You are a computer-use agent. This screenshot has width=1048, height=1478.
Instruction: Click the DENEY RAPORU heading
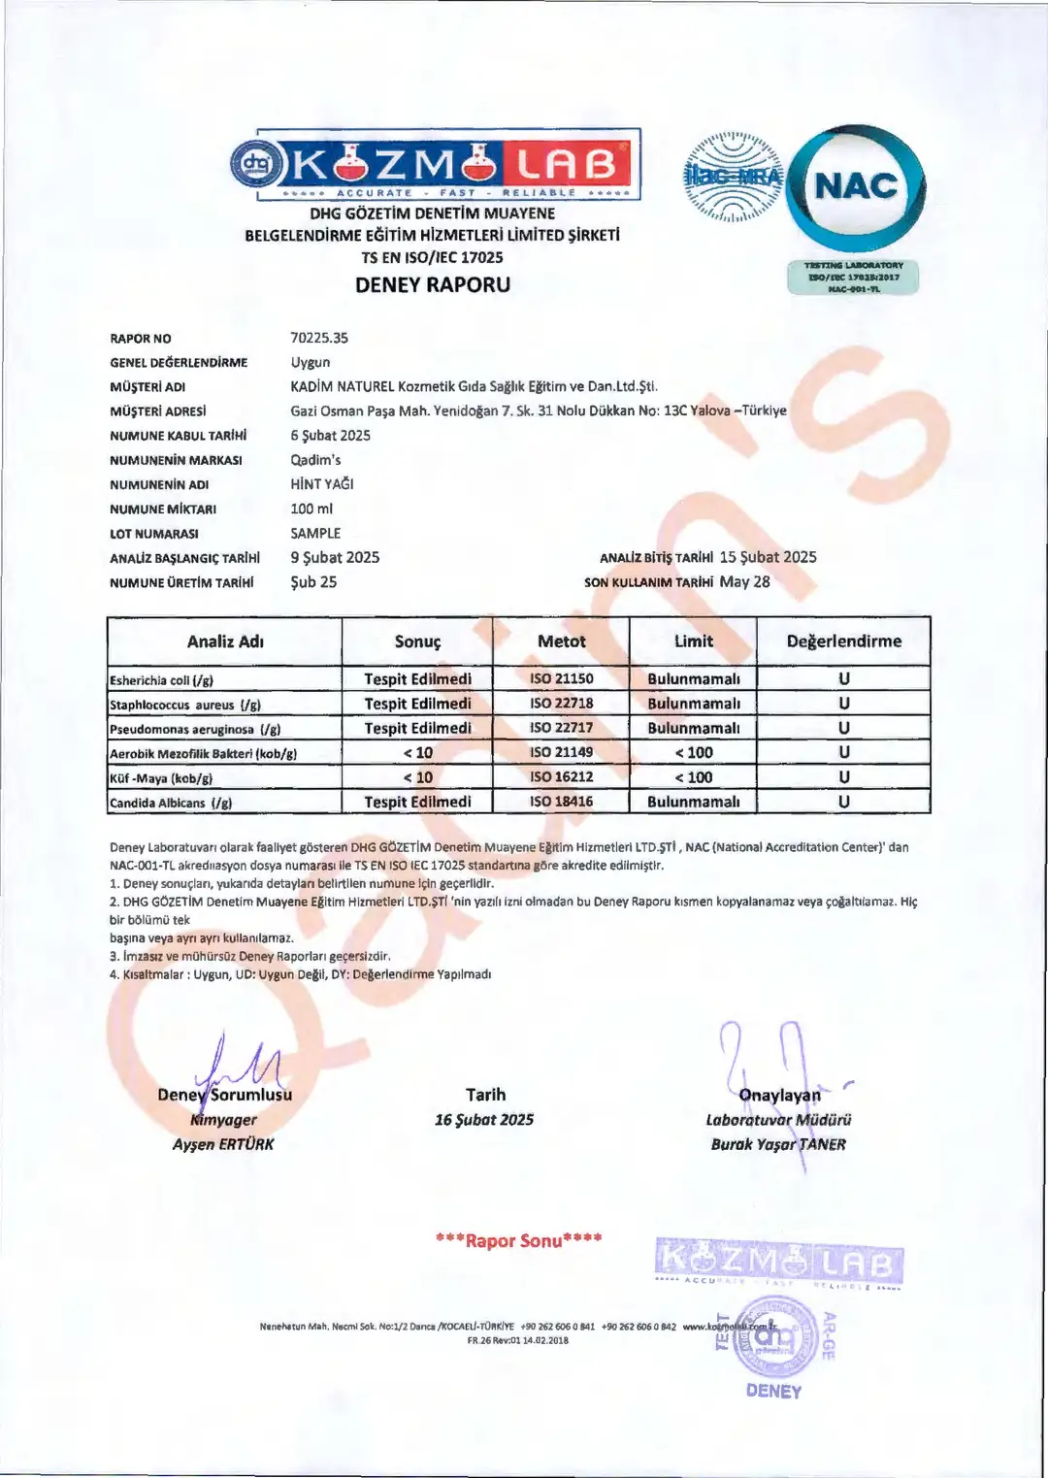(433, 285)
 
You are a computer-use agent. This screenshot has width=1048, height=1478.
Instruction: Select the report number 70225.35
(319, 338)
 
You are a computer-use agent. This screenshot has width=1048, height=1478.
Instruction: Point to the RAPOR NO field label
(141, 339)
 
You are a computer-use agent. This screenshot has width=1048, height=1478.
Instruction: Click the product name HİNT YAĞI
(322, 484)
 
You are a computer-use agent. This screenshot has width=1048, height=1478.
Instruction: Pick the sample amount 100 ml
(311, 509)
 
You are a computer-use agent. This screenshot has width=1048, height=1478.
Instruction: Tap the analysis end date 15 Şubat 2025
(768, 557)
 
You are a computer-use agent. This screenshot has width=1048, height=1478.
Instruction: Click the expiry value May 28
(744, 582)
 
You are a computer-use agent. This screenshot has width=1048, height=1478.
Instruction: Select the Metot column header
(561, 641)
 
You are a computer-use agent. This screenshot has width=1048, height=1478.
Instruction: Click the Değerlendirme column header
(843, 641)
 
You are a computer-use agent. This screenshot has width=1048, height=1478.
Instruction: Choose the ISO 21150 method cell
(561, 678)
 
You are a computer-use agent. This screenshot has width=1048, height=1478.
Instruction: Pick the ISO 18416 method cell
(561, 802)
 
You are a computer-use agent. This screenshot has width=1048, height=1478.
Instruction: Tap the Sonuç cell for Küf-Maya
(417, 777)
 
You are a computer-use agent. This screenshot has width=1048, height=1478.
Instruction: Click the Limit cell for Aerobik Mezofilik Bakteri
(693, 752)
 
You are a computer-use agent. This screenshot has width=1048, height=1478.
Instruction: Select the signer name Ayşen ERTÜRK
(223, 1144)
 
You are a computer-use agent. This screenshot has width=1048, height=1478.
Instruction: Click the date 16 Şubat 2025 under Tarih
(484, 1120)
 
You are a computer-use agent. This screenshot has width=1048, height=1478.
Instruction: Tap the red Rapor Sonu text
(519, 1240)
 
